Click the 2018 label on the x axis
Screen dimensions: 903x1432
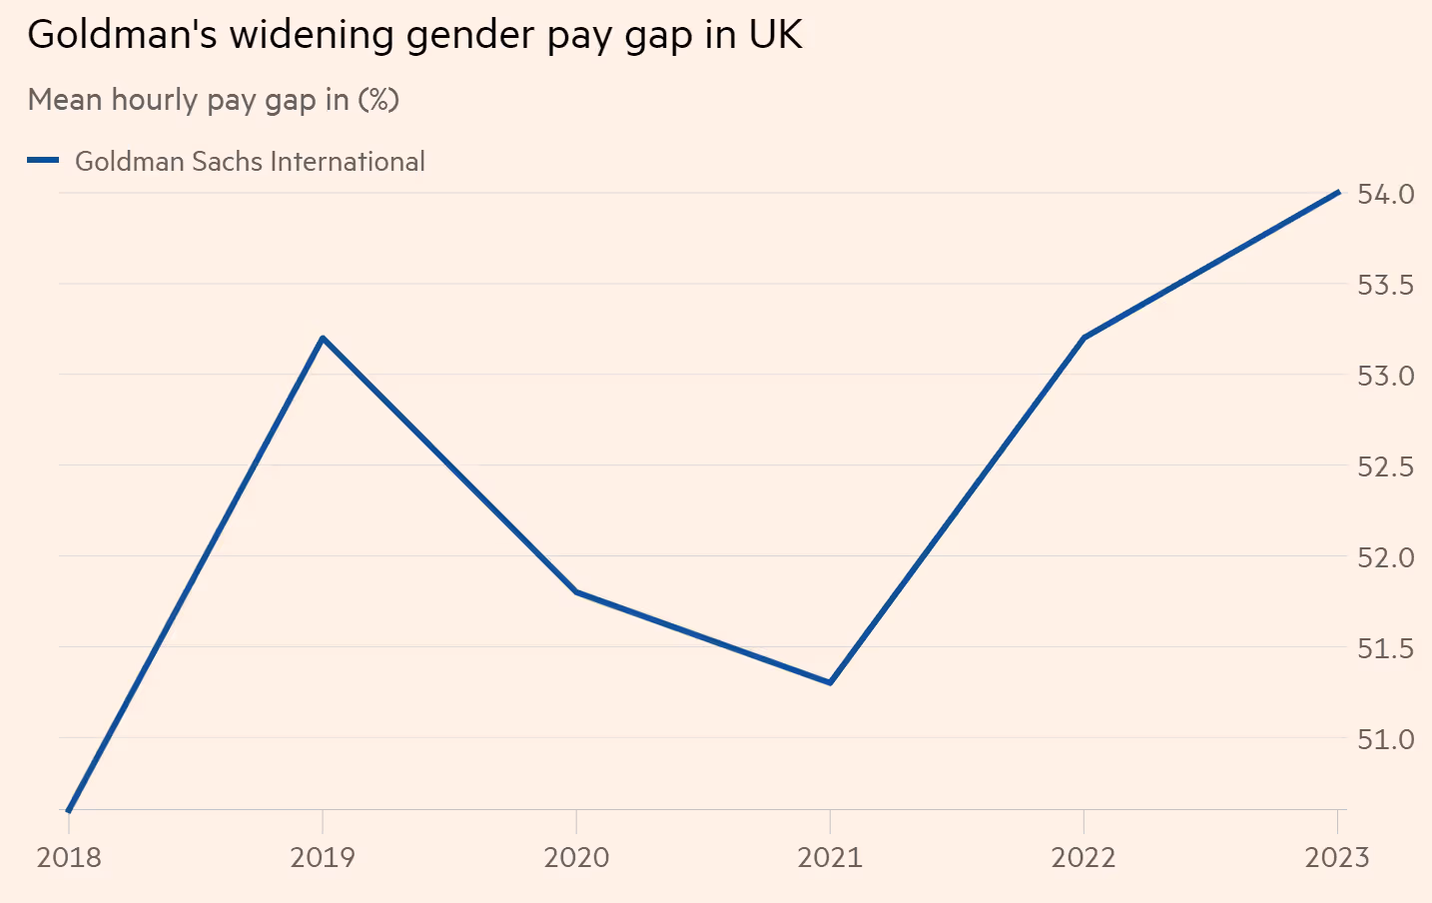pos(69,857)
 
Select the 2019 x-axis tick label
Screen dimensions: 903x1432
pos(323,857)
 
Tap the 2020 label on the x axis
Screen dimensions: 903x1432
pos(576,857)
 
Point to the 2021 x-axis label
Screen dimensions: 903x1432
pos(830,857)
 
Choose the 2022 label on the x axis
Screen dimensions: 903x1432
pos(1083,857)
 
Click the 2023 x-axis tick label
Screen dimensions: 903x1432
pos(1337,857)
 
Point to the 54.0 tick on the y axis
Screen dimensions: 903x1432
pos(1385,194)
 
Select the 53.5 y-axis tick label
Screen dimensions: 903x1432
pos(1385,285)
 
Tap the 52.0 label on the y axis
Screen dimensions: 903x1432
pos(1385,557)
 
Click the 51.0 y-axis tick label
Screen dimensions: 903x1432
pos(1385,739)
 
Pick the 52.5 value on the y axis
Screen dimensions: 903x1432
pos(1385,466)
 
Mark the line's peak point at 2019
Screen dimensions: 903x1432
pos(323,338)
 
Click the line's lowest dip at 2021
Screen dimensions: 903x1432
pos(830,682)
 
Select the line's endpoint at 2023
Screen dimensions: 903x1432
pos(1337,192)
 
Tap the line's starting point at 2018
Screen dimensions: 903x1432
pos(69,809)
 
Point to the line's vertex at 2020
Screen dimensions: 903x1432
pos(576,591)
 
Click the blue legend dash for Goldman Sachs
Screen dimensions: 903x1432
pos(43,160)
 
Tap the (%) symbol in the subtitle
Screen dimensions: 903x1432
pos(378,100)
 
